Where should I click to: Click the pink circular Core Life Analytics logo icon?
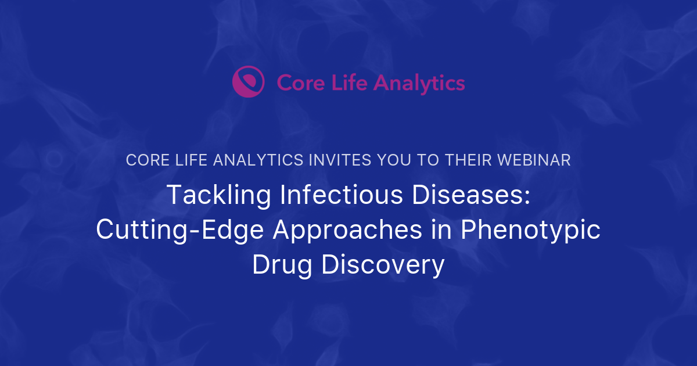click(x=248, y=82)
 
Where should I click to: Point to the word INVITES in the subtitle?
click(x=335, y=160)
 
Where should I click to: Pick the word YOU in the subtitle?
click(x=395, y=160)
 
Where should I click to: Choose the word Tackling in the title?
click(x=218, y=195)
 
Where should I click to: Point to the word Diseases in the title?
click(x=466, y=195)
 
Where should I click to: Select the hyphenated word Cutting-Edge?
click(x=179, y=230)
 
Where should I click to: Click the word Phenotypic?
click(x=530, y=230)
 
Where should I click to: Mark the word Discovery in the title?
click(x=383, y=265)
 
